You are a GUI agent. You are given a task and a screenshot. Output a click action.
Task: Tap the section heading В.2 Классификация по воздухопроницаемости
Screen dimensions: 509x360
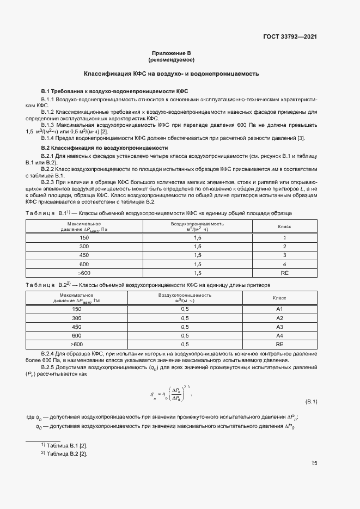(105, 148)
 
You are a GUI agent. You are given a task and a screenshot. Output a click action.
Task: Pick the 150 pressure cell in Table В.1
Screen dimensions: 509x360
(84, 238)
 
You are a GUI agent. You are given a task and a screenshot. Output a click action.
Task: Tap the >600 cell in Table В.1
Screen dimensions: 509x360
(84, 272)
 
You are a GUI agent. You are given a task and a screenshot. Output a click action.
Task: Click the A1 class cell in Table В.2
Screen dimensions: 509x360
(279, 309)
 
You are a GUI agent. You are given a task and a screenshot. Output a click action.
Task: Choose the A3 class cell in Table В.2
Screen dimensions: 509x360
(279, 327)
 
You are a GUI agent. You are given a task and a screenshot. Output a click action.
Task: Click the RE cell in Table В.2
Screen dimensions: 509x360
(279, 344)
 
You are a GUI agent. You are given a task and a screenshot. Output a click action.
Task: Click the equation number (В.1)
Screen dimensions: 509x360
(311, 402)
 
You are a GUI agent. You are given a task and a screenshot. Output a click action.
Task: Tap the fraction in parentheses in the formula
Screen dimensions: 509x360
(176, 394)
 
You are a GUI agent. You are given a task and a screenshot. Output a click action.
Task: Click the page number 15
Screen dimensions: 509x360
(314, 463)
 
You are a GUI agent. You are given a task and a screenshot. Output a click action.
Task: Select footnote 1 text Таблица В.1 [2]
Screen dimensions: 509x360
(67, 445)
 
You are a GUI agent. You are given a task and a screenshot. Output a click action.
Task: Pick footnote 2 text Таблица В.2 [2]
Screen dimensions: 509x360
(67, 453)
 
